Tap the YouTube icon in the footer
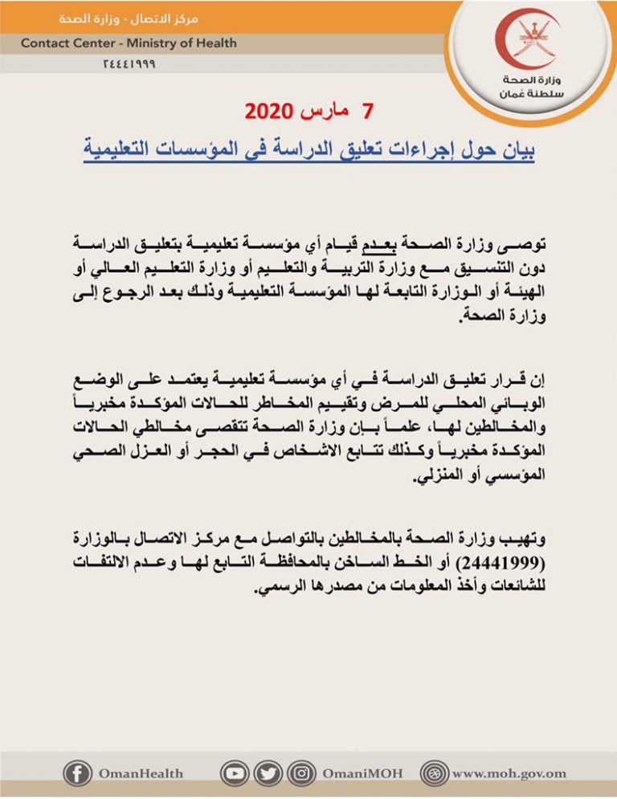(x=235, y=773)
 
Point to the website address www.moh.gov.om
(x=509, y=774)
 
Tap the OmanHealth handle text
(x=141, y=774)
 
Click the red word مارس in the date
(x=320, y=110)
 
